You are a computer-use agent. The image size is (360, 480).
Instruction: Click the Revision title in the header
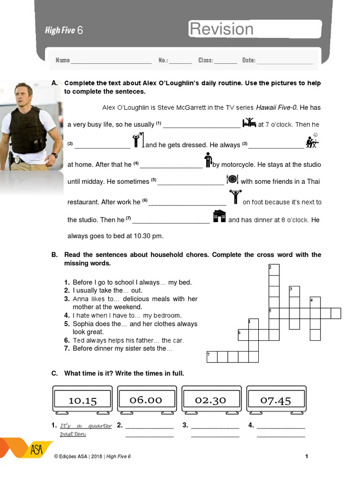tap(221, 29)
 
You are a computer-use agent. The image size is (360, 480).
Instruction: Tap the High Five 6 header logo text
tap(64, 30)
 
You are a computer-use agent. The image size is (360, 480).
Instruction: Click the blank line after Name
tap(111, 60)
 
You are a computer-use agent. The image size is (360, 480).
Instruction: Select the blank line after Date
tap(285, 60)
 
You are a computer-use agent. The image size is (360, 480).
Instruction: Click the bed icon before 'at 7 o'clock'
tap(249, 123)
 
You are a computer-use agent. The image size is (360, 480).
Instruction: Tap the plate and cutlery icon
tap(232, 180)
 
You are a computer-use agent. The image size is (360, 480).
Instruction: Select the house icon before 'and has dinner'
tap(219, 217)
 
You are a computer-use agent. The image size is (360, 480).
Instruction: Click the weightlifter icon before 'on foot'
tap(234, 197)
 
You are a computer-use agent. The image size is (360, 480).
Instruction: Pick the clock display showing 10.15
tap(82, 400)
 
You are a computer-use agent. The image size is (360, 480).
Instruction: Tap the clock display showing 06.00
tap(146, 399)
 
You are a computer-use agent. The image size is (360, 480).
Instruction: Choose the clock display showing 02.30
tap(210, 399)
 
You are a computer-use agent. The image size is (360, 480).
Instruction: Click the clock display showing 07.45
tap(276, 399)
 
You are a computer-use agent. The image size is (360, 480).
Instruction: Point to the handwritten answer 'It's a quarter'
tap(86, 426)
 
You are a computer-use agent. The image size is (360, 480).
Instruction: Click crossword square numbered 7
tap(212, 357)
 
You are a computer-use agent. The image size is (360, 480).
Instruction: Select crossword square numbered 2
tap(274, 270)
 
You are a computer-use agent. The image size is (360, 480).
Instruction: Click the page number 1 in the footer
tap(307, 456)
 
